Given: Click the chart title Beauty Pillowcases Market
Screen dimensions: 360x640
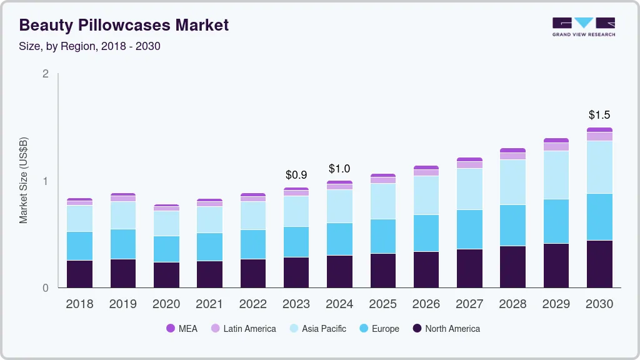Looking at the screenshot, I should coord(124,26).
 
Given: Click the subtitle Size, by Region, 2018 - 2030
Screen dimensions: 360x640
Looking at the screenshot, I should coord(90,46).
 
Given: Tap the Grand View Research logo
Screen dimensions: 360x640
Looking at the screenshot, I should coord(583,26).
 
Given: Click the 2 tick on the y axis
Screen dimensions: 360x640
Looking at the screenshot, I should coord(46,74).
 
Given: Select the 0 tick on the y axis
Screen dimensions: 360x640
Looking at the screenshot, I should coord(46,288).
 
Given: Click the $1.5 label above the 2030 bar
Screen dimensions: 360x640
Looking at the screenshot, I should coord(599,115).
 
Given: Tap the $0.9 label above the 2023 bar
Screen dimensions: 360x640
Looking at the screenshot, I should coord(296,175).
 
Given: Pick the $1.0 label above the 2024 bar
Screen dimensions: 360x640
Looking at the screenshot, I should coord(339,169).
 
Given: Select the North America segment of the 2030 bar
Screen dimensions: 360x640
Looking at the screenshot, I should coord(599,264).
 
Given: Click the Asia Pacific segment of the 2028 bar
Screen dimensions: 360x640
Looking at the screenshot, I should coord(512,182).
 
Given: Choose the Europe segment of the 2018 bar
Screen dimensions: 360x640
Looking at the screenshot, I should coord(79,246).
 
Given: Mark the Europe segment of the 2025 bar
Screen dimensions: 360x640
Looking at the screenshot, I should coord(382,236).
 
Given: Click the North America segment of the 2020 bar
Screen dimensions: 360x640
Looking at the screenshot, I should coord(166,275).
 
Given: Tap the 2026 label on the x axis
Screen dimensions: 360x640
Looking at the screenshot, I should coord(426,304).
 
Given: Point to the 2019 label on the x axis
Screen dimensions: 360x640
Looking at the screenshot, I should coord(122,304).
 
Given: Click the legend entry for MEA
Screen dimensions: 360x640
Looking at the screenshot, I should coord(181,329).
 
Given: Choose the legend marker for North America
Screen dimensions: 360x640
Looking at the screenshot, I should coord(416,329).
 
